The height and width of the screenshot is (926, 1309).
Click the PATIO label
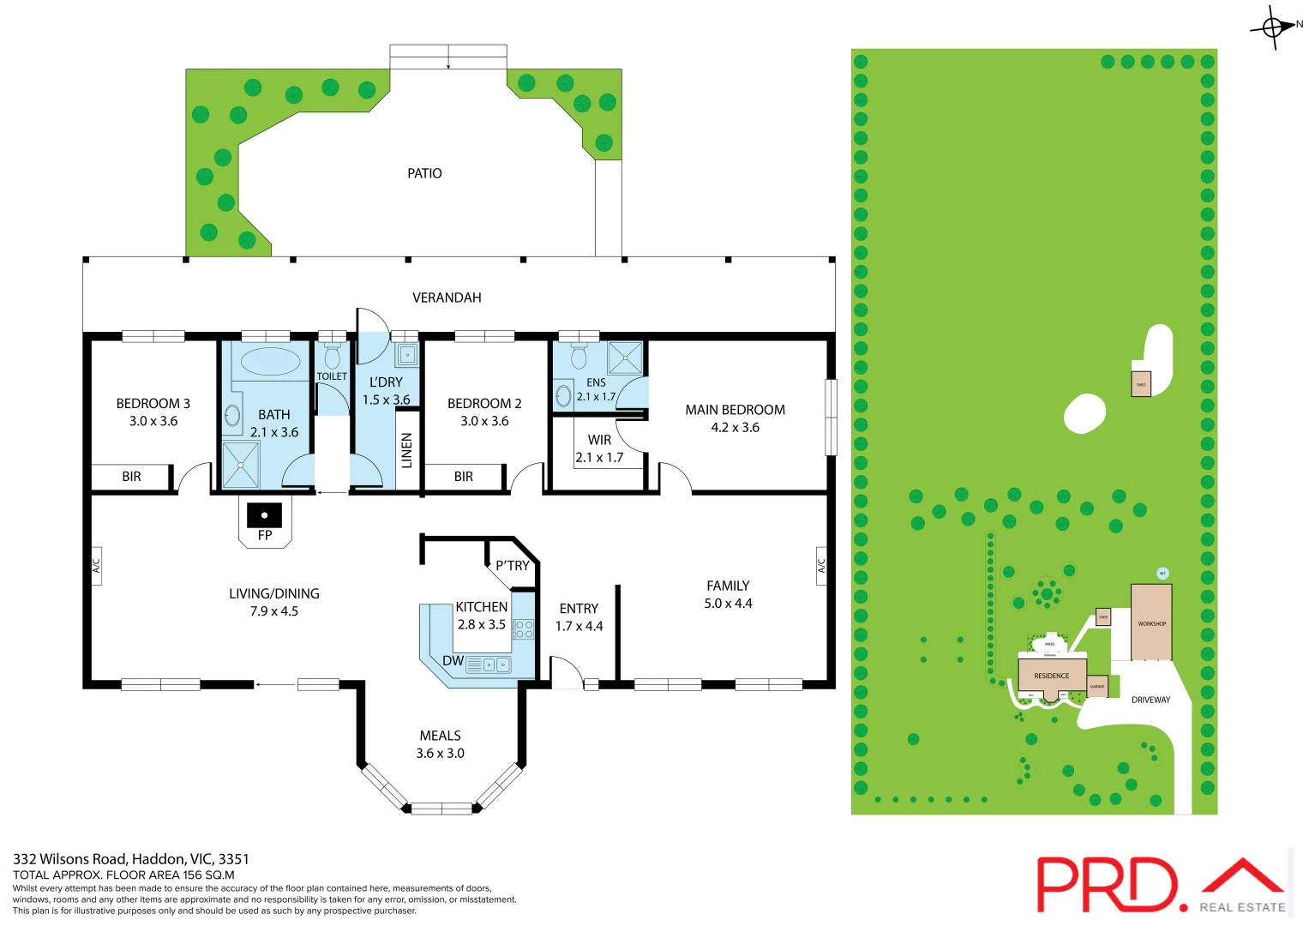coord(424,173)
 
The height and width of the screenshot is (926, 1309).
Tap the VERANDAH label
coord(447,298)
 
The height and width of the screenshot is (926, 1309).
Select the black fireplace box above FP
coord(264,514)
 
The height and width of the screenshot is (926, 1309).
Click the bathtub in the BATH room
coord(270,362)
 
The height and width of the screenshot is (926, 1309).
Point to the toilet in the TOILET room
coord(332,356)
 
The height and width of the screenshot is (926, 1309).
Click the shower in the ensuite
coord(625,358)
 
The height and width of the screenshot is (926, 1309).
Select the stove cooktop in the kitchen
coord(523,629)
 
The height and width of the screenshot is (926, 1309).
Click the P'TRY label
coord(512,566)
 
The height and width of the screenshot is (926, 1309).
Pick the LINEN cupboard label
coord(407,450)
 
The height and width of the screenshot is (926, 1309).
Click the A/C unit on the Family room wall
coord(820,566)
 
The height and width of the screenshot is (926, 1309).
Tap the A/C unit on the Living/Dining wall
coord(96,566)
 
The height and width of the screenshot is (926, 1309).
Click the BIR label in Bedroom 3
coord(131,477)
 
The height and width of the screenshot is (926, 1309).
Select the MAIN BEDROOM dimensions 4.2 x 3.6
coord(735,428)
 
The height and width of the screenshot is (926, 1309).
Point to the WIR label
coord(599,440)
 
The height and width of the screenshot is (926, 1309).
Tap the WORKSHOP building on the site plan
coord(1150,622)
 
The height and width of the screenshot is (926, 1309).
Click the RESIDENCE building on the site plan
coord(1051,675)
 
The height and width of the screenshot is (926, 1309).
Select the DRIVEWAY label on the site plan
coord(1150,700)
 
